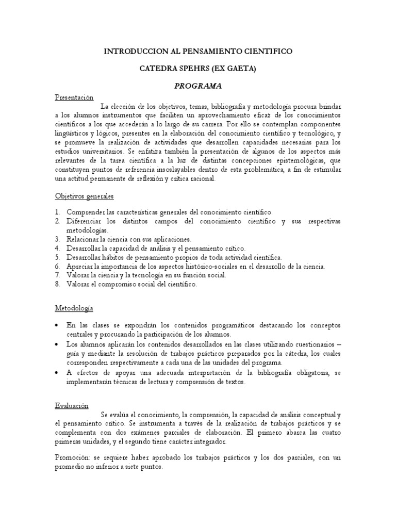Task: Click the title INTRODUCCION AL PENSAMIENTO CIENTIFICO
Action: coord(199,52)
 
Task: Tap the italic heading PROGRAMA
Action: coord(199,86)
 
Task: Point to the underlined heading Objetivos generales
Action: coord(84,196)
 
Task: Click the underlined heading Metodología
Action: coord(74,308)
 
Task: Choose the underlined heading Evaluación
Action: coord(72,406)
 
